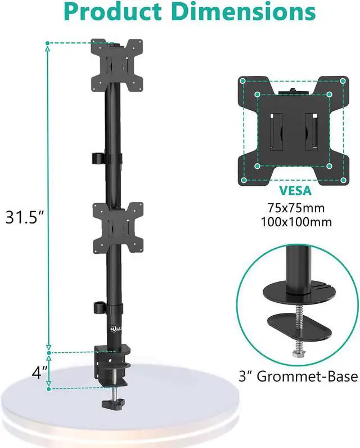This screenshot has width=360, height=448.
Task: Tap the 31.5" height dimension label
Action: (x=25, y=217)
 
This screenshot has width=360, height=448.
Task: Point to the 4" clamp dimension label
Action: (x=40, y=372)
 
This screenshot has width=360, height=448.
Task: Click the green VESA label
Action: (x=295, y=191)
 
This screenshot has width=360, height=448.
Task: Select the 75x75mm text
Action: (x=296, y=208)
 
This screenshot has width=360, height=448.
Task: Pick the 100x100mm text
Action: (x=296, y=222)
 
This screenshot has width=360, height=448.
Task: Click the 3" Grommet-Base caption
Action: (x=298, y=377)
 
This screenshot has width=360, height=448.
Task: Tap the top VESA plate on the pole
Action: (x=117, y=65)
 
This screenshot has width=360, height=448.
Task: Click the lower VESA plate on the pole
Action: (x=118, y=227)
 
